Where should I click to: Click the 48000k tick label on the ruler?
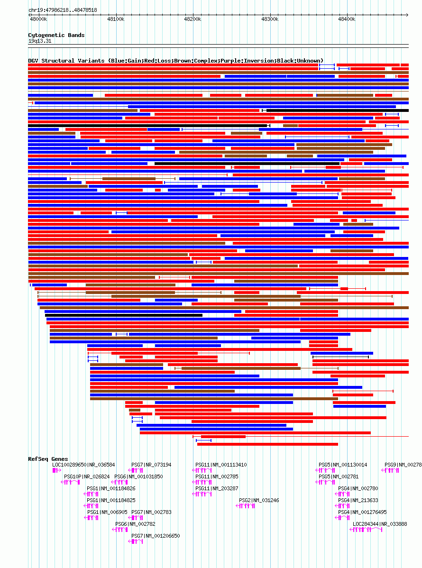click(38, 19)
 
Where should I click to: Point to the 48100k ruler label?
click(115, 19)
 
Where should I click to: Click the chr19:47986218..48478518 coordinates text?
click(63, 10)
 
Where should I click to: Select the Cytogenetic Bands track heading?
click(56, 35)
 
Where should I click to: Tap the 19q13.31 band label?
click(40, 41)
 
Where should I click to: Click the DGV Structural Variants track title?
click(175, 61)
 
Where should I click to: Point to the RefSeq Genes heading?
click(48, 459)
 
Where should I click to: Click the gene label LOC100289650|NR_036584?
click(83, 465)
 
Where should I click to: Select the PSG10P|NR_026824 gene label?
click(87, 476)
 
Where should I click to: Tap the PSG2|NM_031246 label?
click(259, 500)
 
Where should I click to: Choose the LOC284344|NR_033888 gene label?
click(380, 524)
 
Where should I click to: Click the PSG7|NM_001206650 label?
click(156, 536)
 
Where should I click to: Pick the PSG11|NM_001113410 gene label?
click(221, 465)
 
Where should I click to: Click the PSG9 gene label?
click(403, 465)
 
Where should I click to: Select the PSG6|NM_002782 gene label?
click(135, 524)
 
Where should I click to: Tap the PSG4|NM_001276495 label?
click(362, 512)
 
